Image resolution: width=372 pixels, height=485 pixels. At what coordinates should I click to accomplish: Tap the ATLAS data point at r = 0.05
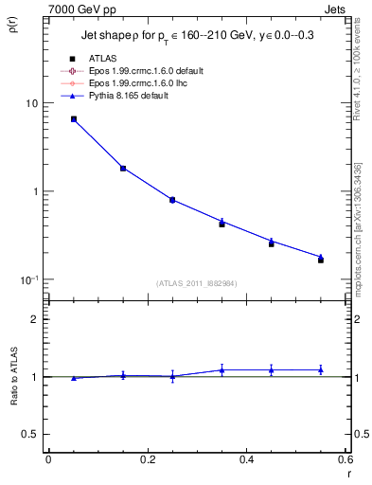74,119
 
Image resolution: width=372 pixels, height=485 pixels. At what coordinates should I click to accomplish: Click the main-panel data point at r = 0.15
123,169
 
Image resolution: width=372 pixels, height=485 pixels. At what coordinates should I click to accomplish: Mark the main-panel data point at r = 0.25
172,200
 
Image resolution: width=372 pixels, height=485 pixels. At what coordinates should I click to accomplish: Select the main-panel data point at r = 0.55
320,259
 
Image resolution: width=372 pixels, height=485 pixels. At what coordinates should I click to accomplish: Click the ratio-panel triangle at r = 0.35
221,369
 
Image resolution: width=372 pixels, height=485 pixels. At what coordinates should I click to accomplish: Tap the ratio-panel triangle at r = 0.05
74,378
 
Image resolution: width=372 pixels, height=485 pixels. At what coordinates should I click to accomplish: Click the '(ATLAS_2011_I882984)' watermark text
196,283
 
